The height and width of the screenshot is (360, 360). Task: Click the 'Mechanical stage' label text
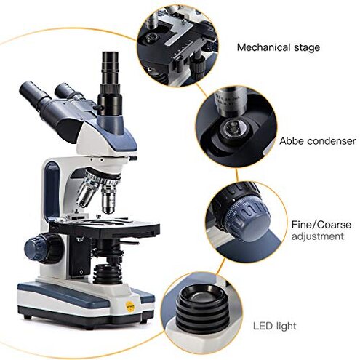pos(278,47)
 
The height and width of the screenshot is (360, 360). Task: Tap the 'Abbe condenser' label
pos(318,141)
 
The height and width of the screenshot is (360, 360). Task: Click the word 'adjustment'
pos(317,236)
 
